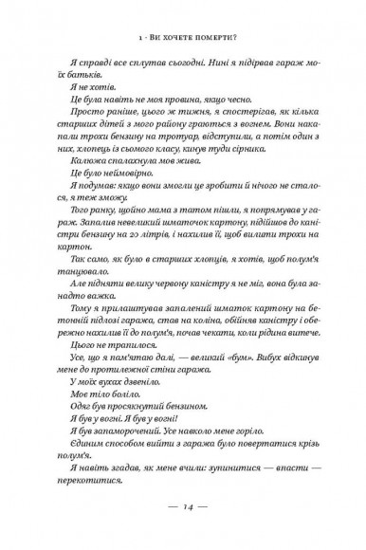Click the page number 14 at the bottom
coord(183,507)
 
